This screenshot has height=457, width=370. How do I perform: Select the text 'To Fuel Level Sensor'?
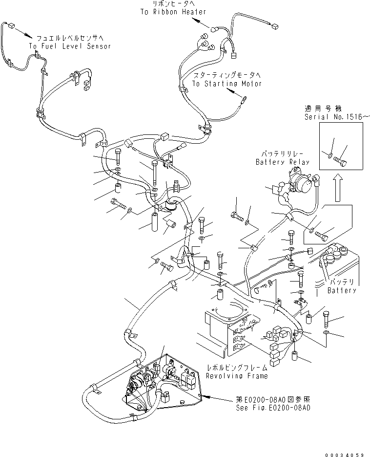[70, 46]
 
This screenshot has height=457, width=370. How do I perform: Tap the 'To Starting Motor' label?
[226, 84]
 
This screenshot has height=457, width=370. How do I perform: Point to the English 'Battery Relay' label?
[276, 162]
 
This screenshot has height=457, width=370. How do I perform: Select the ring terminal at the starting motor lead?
[243, 102]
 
